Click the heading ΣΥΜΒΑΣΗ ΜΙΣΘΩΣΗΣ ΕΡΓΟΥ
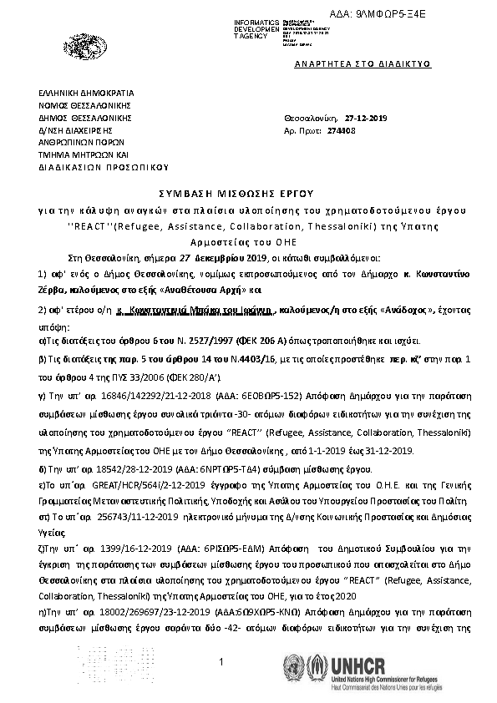(247, 190)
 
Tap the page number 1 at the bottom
(222, 662)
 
